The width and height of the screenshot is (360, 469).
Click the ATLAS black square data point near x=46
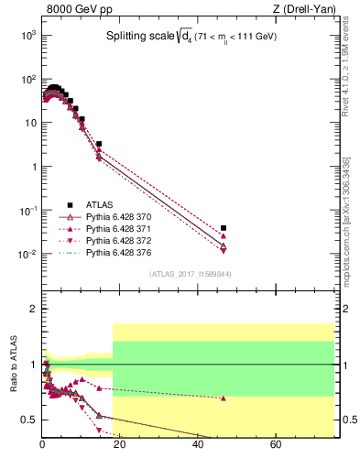(x=224, y=227)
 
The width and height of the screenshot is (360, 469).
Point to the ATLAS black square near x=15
(x=99, y=144)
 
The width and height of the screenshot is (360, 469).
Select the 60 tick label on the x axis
(x=275, y=446)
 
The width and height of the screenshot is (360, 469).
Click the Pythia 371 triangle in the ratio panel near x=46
(x=224, y=398)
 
